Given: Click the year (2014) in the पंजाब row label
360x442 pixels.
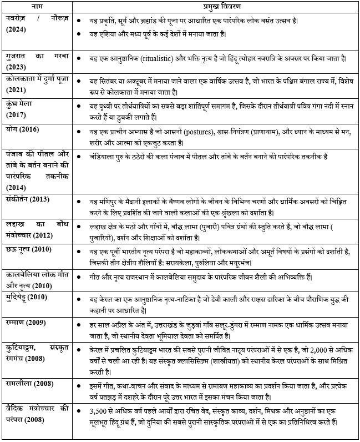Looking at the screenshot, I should point(16,188).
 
